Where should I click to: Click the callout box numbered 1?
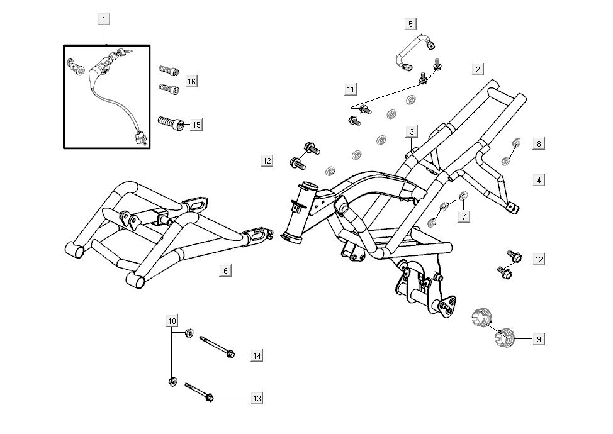click(104, 19)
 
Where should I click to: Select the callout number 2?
click(478, 69)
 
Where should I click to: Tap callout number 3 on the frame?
click(411, 131)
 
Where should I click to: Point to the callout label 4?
click(538, 180)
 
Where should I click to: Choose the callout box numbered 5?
click(410, 24)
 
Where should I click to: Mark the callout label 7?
click(464, 216)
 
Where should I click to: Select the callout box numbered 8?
click(538, 143)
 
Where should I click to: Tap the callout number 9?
click(538, 339)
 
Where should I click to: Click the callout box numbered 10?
click(172, 321)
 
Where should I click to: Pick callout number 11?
click(351, 89)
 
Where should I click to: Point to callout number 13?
click(256, 398)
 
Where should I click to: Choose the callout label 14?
click(256, 356)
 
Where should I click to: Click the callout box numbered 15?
click(196, 125)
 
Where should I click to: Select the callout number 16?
click(191, 82)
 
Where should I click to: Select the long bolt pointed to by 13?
click(200, 392)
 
